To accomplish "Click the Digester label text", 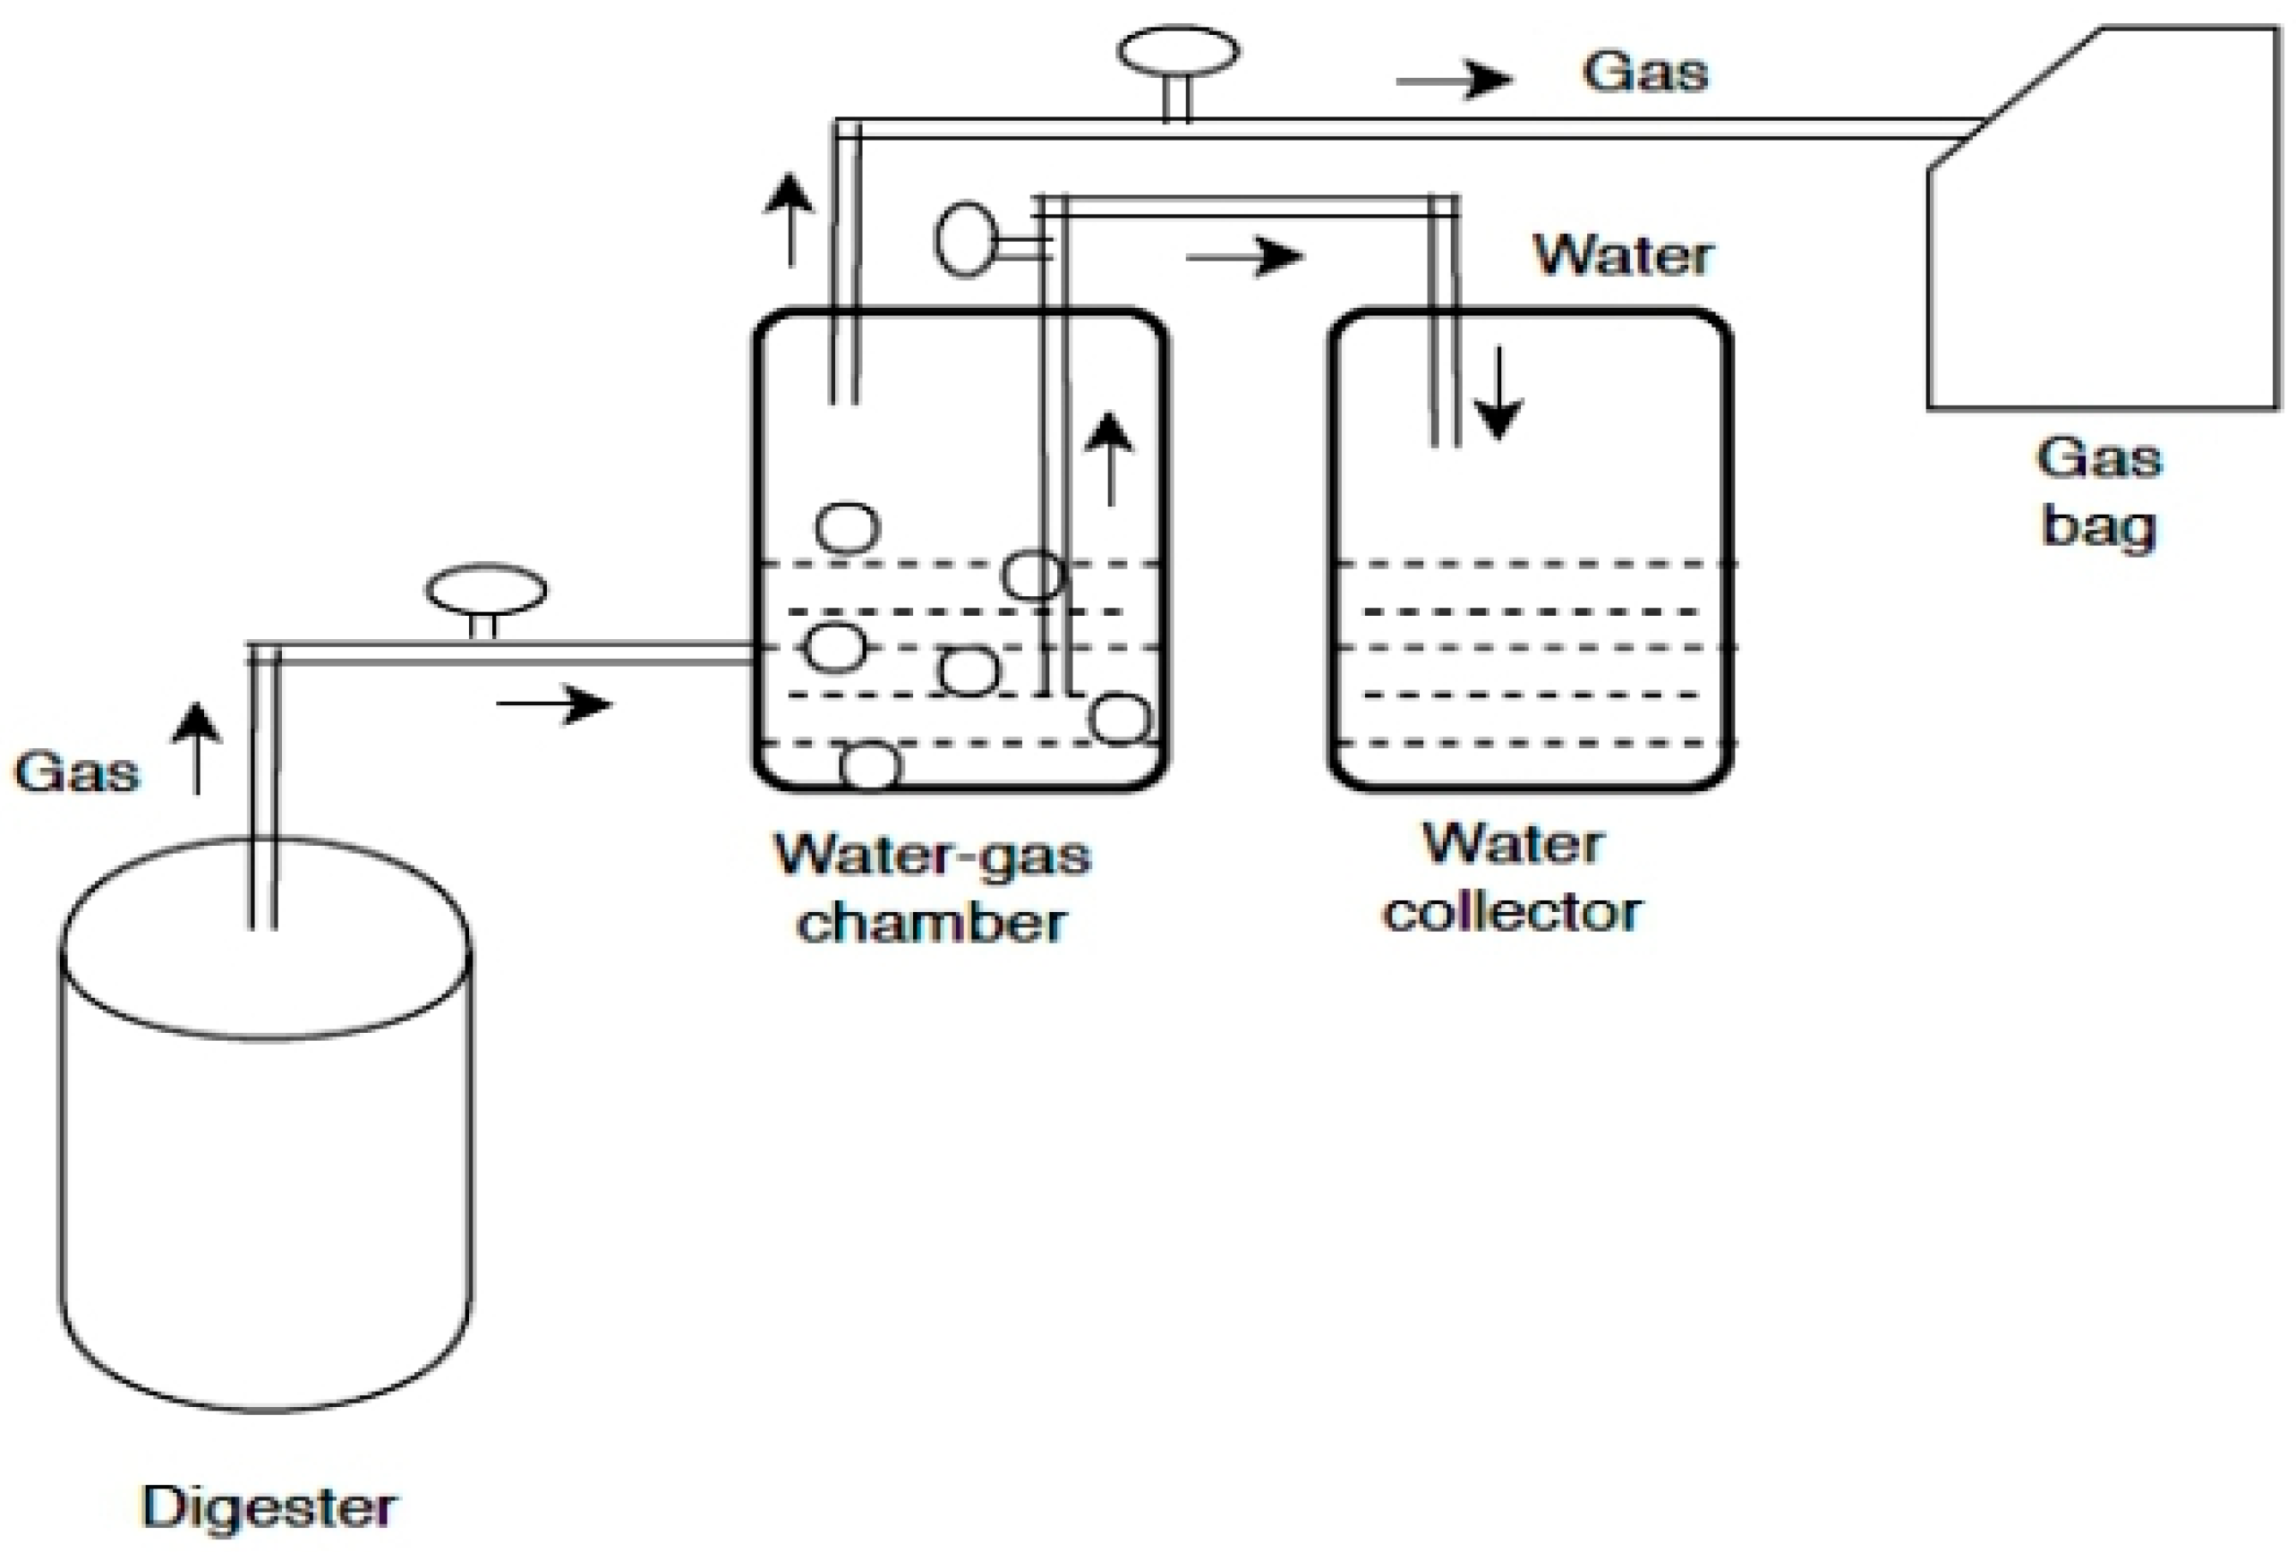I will pyautogui.click(x=269, y=1507).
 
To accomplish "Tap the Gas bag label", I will pyautogui.click(x=2099, y=491).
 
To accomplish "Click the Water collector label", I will pyautogui.click(x=1512, y=877).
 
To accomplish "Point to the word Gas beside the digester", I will pyautogui.click(x=77, y=772).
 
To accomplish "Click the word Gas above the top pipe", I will pyautogui.click(x=1645, y=72).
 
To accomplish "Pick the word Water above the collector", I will pyautogui.click(x=1623, y=256).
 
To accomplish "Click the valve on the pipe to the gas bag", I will pyautogui.click(x=1178, y=55).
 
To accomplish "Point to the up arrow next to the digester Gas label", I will pyautogui.click(x=198, y=748).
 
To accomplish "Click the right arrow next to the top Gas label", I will pyautogui.click(x=1455, y=79).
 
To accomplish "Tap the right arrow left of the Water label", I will pyautogui.click(x=1245, y=258).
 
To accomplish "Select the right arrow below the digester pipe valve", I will pyautogui.click(x=554, y=704).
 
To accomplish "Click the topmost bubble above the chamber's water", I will pyautogui.click(x=847, y=526).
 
